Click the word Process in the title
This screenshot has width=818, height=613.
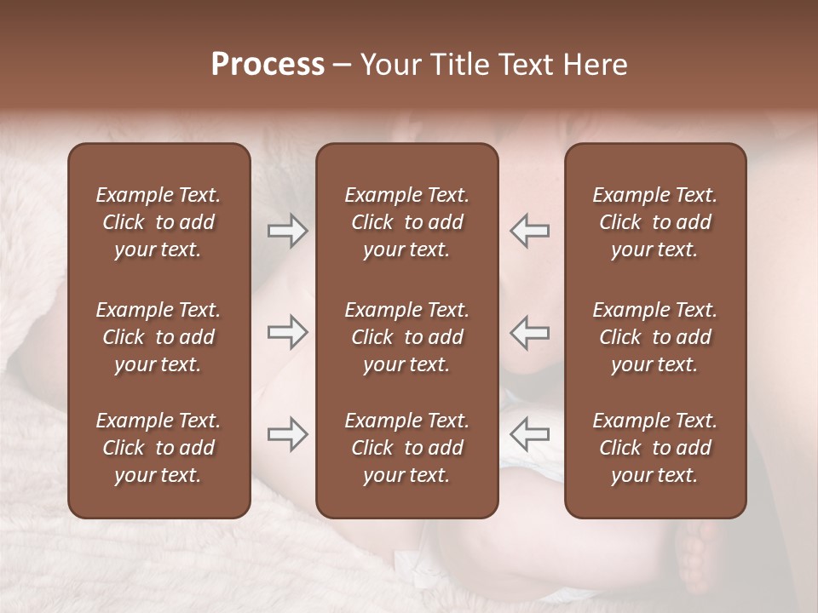pyautogui.click(x=268, y=65)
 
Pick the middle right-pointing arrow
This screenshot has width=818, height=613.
pyautogui.click(x=287, y=332)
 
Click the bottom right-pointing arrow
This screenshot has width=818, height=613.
pyautogui.click(x=287, y=434)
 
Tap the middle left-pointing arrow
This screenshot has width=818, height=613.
pyautogui.click(x=529, y=332)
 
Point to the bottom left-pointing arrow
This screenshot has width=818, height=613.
pyautogui.click(x=529, y=434)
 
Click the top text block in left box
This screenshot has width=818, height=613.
pyautogui.click(x=158, y=222)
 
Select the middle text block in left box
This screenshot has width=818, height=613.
pyautogui.click(x=158, y=337)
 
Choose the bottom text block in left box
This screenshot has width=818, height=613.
pyautogui.click(x=158, y=448)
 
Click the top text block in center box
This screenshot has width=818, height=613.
pyautogui.click(x=407, y=222)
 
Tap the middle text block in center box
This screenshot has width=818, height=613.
pyautogui.click(x=407, y=337)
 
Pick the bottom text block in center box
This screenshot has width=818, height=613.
pyautogui.click(x=407, y=448)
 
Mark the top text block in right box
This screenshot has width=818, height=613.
pyautogui.click(x=655, y=222)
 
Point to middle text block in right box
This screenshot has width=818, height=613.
pyautogui.click(x=655, y=337)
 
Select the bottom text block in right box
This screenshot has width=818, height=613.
pyautogui.click(x=655, y=448)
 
